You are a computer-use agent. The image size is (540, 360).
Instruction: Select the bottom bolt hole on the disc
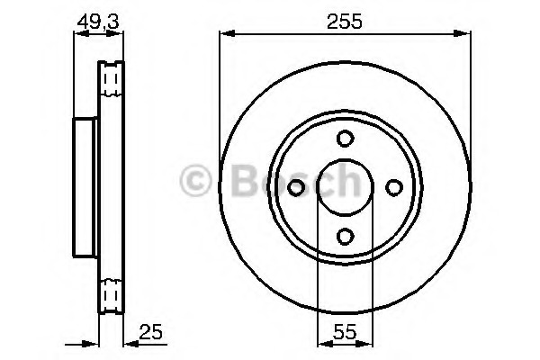click(x=345, y=235)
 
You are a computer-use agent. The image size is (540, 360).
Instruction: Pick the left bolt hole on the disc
click(x=296, y=186)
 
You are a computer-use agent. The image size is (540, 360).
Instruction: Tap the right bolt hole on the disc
click(x=393, y=186)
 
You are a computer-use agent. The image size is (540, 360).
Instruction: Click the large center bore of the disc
click(x=345, y=186)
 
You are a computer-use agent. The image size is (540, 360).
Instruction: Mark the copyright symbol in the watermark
click(x=197, y=182)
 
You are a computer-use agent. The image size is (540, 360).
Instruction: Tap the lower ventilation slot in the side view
click(x=112, y=292)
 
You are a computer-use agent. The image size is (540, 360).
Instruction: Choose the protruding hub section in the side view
click(x=85, y=186)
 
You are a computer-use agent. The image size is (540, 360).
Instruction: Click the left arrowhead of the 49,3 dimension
click(x=77, y=35)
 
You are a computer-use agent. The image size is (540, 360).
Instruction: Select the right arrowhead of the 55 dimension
click(x=367, y=341)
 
